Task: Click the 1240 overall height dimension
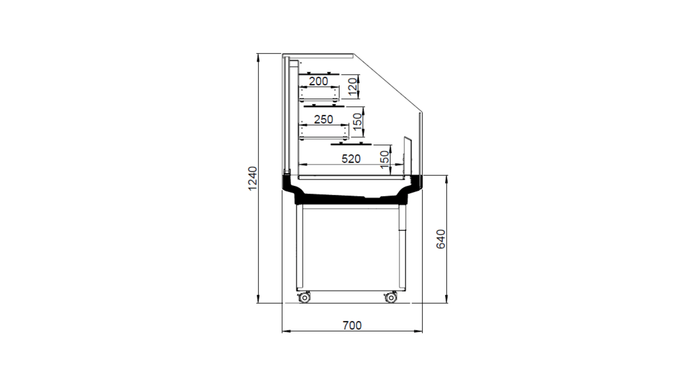tap(252, 178)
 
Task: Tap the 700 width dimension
tap(352, 325)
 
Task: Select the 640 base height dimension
tap(441, 239)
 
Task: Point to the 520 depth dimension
tap(351, 159)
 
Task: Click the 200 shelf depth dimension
tap(318, 81)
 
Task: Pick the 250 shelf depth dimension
tap(323, 119)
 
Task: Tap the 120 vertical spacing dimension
tap(353, 86)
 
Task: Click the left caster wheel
tap(304, 297)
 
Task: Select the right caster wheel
tap(391, 297)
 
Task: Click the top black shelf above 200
tap(319, 74)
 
